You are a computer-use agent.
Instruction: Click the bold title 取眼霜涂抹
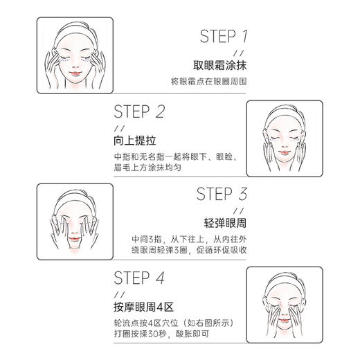(222, 67)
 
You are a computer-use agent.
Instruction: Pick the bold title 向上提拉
(132, 141)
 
